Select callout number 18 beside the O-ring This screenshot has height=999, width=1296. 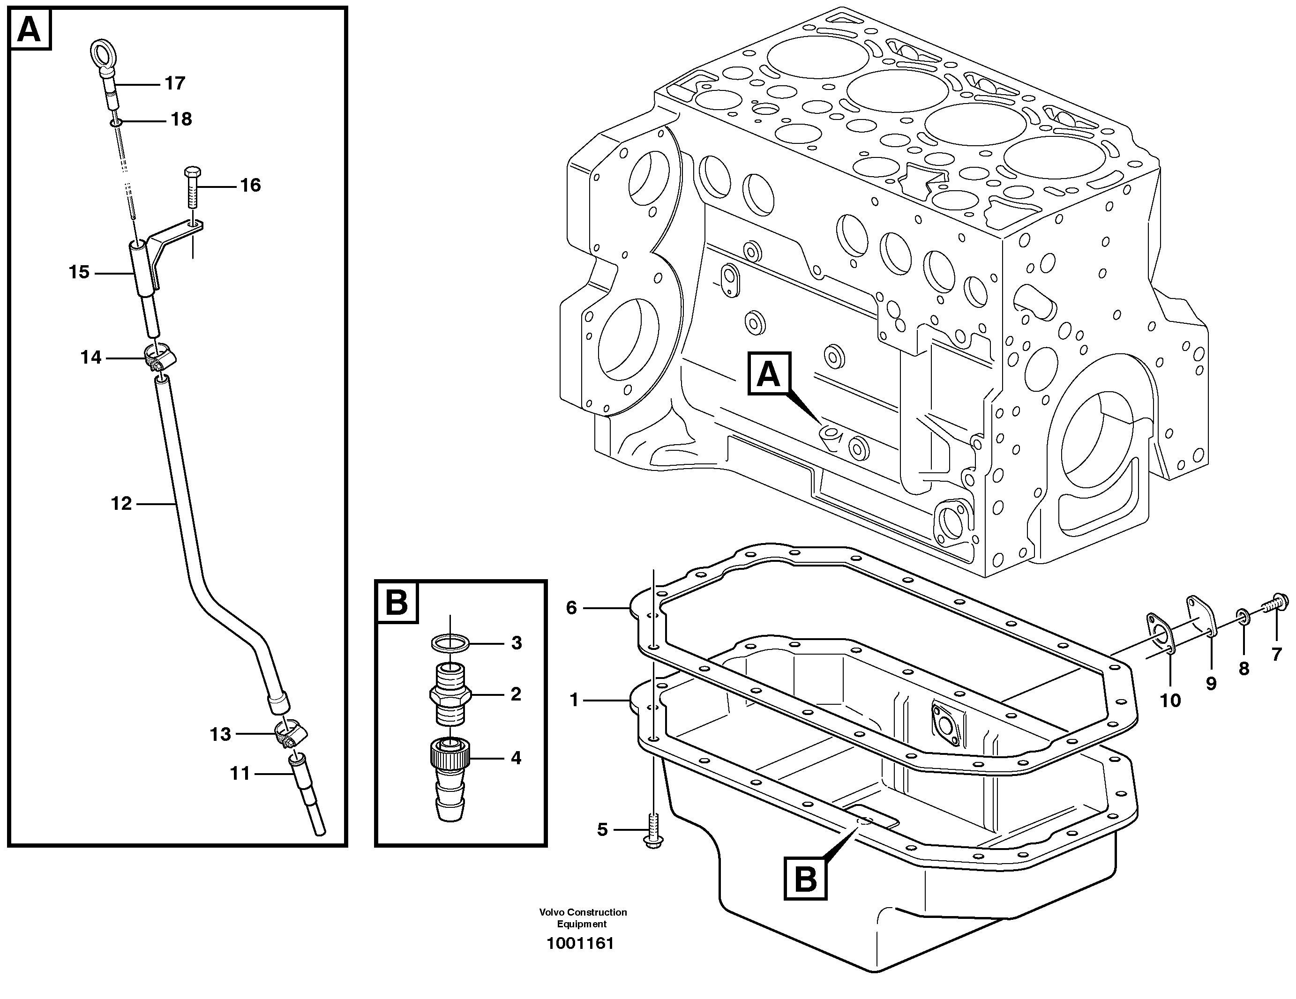(181, 120)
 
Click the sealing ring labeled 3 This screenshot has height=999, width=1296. (450, 642)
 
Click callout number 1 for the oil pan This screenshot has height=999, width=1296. (573, 701)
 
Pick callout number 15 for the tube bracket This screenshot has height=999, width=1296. (79, 272)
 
